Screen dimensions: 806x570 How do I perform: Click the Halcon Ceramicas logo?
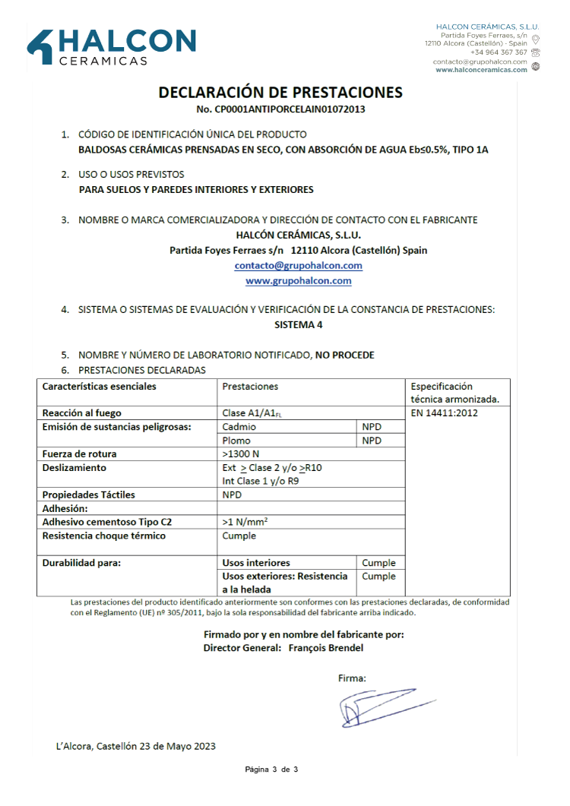coord(112,47)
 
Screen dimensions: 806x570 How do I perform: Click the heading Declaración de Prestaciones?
coord(280,93)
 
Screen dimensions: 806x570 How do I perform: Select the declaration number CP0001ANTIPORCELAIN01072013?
coord(280,109)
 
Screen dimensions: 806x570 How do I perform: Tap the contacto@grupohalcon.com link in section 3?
coord(298,266)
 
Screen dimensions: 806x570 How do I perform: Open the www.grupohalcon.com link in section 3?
coord(298,281)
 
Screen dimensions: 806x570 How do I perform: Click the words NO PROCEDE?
coord(345,355)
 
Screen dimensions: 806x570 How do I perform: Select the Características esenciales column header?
coord(99,387)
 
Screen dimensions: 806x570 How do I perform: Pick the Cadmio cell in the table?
coord(239,427)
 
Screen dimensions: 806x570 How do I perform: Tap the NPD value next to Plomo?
coord(372,441)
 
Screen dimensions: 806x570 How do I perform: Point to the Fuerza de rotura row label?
coord(79,454)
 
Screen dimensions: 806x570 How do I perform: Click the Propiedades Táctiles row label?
coord(88,495)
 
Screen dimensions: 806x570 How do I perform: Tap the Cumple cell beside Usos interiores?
coord(378,564)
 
